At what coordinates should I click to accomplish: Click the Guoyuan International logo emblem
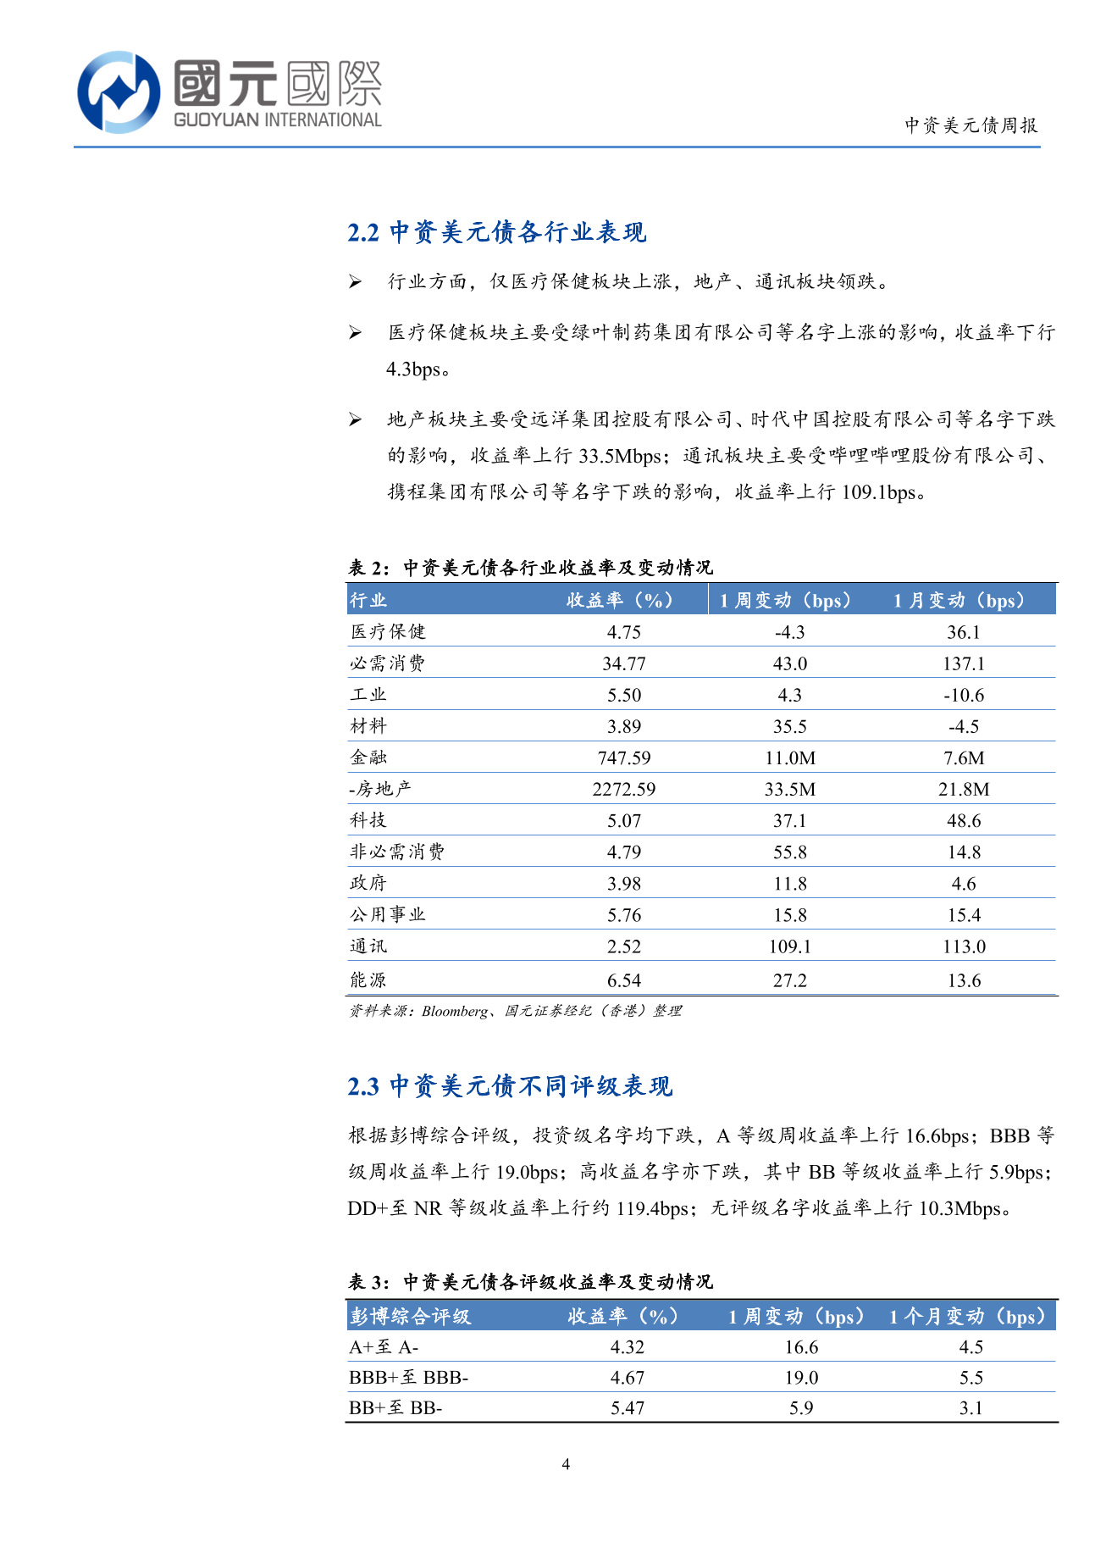pyautogui.click(x=119, y=92)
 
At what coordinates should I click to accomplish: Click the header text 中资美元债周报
pyautogui.click(x=971, y=125)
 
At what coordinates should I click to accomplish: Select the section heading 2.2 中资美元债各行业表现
pyautogui.click(x=496, y=232)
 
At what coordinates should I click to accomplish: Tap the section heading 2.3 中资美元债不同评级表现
pyautogui.click(x=510, y=1086)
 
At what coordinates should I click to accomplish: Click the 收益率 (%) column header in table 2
pyautogui.click(x=620, y=600)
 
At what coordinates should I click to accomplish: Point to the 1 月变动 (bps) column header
pyautogui.click(x=959, y=600)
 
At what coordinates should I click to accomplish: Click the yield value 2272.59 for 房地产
pyautogui.click(x=623, y=789)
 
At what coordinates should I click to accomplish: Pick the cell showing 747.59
pyautogui.click(x=623, y=758)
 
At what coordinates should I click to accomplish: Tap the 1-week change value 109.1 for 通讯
pyautogui.click(x=789, y=946)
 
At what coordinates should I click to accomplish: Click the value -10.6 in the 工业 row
pyautogui.click(x=964, y=695)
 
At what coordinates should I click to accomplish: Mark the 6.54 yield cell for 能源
pyautogui.click(x=623, y=980)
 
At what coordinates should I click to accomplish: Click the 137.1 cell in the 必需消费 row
pyautogui.click(x=964, y=663)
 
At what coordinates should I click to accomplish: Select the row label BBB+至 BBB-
pyautogui.click(x=408, y=1378)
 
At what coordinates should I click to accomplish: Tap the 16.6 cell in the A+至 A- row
pyautogui.click(x=801, y=1347)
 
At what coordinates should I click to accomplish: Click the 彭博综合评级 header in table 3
pyautogui.click(x=410, y=1316)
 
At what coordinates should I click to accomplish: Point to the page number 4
pyautogui.click(x=566, y=1464)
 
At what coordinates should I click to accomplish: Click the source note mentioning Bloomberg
pyautogui.click(x=515, y=1011)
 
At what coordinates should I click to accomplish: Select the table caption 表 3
pyautogui.click(x=530, y=1282)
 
